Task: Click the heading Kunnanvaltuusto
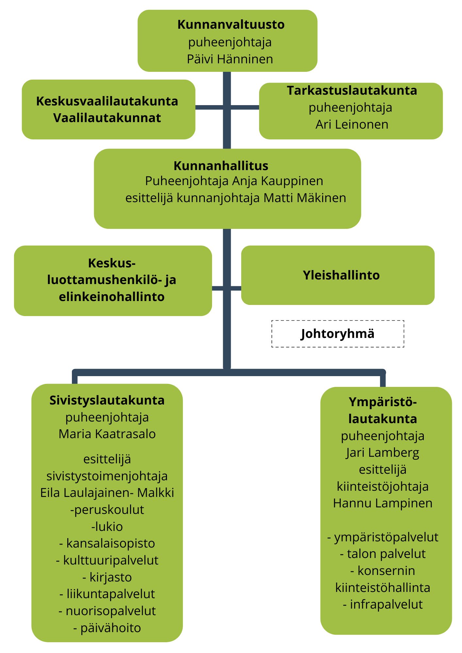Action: coord(231,24)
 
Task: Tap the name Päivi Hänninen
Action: coord(230,59)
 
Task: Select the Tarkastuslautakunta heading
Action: coord(352,90)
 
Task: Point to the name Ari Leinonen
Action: coord(352,124)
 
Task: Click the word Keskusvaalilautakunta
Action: coord(107,101)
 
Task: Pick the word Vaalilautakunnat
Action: coord(107,118)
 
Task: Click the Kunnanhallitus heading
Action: coord(221,166)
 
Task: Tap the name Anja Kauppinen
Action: coord(277,181)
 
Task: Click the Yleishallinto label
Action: coord(341,275)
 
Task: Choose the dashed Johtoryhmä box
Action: coord(338,334)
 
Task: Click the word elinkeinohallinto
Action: coord(111,297)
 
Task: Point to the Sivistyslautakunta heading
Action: coord(107,400)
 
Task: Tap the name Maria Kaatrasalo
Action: coord(107,434)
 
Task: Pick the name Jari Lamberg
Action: coord(382,453)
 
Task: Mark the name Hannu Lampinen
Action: coord(382,503)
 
